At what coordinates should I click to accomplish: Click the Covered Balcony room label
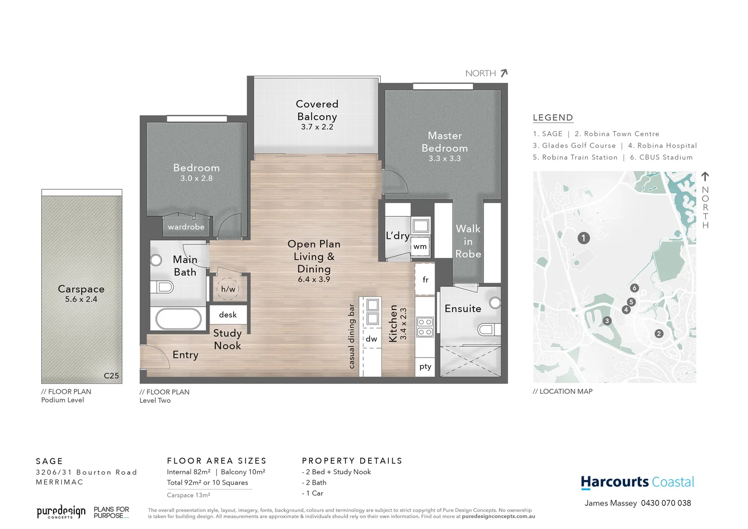pyautogui.click(x=317, y=110)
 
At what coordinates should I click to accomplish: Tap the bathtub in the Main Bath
pyautogui.click(x=178, y=319)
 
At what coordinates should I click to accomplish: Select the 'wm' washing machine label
pyautogui.click(x=420, y=246)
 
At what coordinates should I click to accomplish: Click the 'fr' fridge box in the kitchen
pyautogui.click(x=425, y=279)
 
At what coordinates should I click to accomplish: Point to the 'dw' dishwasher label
pyautogui.click(x=372, y=339)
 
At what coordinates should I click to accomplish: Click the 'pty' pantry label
pyautogui.click(x=425, y=366)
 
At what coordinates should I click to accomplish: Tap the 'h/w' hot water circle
pyautogui.click(x=228, y=289)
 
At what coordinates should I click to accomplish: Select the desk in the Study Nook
pyautogui.click(x=228, y=314)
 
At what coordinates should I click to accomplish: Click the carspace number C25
pyautogui.click(x=111, y=376)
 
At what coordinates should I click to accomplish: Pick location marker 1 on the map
pyautogui.click(x=584, y=238)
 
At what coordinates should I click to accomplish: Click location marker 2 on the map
pyautogui.click(x=659, y=334)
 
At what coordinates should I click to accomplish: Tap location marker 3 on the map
pyautogui.click(x=607, y=321)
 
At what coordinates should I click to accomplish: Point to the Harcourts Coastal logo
pyautogui.click(x=637, y=482)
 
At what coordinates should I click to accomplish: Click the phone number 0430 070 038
pyautogui.click(x=666, y=503)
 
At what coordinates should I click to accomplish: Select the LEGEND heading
pyautogui.click(x=553, y=118)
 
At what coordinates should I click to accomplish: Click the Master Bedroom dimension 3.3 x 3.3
pyautogui.click(x=444, y=159)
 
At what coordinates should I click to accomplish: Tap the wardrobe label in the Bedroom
pyautogui.click(x=186, y=227)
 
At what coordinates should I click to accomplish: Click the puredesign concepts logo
pyautogui.click(x=61, y=512)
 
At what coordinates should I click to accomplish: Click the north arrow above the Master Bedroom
pyautogui.click(x=504, y=73)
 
